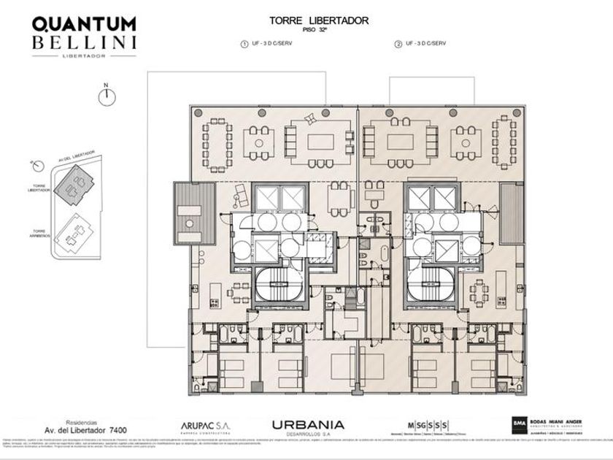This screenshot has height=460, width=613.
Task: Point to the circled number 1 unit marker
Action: click(244, 45)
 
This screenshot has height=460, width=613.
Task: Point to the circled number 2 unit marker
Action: click(398, 45)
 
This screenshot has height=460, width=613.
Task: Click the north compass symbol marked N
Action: click(107, 97)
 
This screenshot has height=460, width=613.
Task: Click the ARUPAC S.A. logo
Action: click(207, 426)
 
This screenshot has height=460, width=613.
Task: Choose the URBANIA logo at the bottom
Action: click(307, 426)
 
